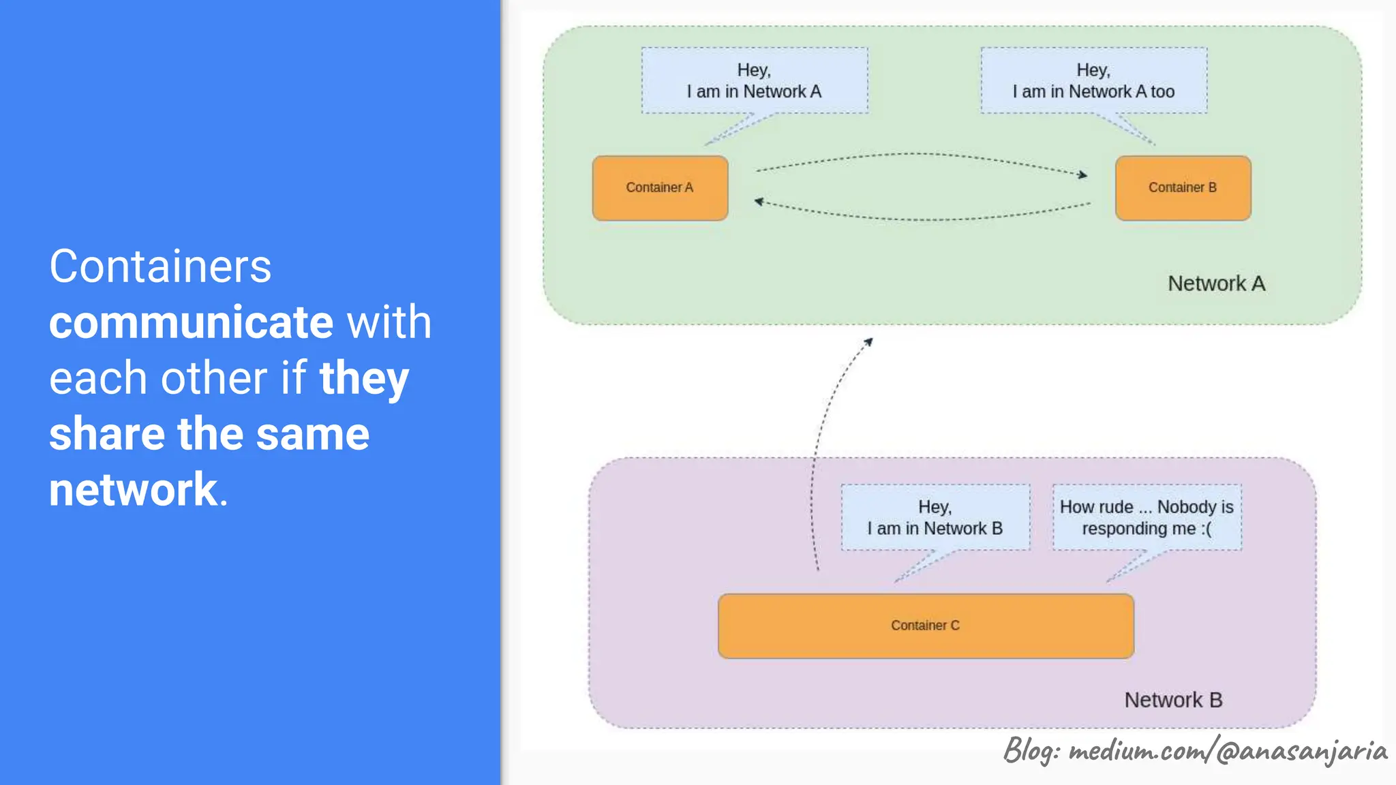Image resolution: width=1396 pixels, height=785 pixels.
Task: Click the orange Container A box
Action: [x=660, y=188]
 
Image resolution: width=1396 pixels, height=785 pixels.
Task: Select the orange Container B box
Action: [x=1183, y=188]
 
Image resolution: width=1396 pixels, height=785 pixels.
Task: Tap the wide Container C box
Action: [x=926, y=626]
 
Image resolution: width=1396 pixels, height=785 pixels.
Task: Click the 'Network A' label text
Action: [x=1216, y=283]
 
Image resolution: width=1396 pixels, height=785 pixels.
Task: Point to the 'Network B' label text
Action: [x=1173, y=700]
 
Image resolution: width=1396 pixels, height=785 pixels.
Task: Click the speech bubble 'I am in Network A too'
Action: [x=1093, y=80]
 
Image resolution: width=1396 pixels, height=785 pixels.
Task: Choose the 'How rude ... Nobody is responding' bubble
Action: [x=1147, y=517]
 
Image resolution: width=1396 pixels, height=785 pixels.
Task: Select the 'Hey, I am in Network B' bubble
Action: [x=935, y=517]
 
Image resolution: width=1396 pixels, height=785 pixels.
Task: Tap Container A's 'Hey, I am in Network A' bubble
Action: [x=754, y=80]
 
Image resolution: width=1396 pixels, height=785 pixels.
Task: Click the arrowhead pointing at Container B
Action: [x=1083, y=175]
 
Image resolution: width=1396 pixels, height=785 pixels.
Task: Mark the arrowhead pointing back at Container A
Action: [x=759, y=201]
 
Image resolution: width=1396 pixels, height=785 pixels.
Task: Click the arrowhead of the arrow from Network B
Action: [x=869, y=341]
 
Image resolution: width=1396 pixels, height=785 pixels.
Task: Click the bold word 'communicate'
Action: [x=191, y=322]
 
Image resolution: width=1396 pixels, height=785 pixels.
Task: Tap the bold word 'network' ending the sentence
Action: [x=133, y=489]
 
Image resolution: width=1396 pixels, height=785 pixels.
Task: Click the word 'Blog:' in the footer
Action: [x=1031, y=750]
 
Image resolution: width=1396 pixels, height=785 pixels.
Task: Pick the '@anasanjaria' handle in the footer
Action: [x=1301, y=750]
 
